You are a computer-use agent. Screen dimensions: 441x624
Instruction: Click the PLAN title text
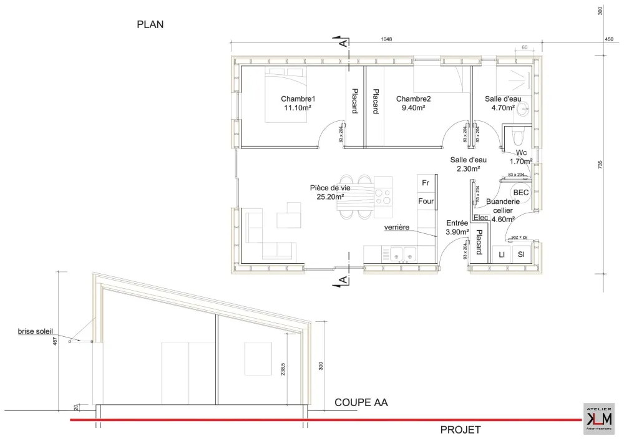click(150, 25)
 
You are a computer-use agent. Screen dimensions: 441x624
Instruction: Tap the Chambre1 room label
click(298, 99)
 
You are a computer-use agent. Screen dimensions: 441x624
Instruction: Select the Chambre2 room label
click(413, 99)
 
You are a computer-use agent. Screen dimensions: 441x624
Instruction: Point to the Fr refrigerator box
click(426, 183)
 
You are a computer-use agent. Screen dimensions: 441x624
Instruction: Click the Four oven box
click(426, 201)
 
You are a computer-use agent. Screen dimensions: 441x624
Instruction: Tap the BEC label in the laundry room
click(521, 193)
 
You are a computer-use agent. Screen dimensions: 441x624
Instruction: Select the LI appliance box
click(501, 254)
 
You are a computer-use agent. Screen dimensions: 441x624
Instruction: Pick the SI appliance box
click(521, 254)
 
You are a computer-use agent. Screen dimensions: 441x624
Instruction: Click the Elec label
click(480, 218)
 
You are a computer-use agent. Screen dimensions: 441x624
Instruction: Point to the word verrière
click(397, 227)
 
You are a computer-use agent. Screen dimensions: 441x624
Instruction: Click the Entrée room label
click(457, 223)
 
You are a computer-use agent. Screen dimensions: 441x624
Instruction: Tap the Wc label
click(521, 153)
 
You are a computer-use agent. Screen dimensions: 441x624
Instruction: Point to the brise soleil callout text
click(35, 332)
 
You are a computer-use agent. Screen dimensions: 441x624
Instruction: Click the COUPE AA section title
click(361, 403)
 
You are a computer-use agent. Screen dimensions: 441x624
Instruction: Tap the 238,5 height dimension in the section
click(283, 370)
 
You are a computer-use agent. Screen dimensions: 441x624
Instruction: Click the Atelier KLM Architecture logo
click(598, 417)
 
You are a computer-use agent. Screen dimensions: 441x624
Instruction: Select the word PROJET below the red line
click(461, 430)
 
